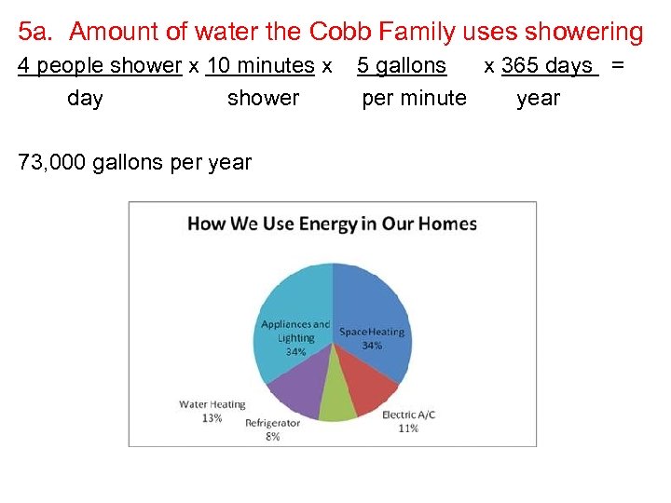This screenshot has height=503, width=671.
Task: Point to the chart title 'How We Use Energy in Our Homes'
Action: [332, 224]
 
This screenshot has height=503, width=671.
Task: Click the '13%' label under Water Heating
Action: [212, 418]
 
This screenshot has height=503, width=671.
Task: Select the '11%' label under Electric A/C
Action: [408, 428]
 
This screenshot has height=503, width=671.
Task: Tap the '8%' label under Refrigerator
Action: [272, 436]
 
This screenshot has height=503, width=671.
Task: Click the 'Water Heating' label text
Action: [212, 404]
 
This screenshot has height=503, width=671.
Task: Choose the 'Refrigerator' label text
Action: [272, 423]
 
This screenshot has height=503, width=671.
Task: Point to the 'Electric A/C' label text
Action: [408, 415]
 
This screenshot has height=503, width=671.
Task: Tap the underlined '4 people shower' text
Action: [100, 66]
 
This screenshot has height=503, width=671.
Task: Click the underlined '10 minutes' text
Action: [260, 66]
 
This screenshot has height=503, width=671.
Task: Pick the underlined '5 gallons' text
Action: [402, 66]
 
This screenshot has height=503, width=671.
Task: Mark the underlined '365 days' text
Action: [547, 66]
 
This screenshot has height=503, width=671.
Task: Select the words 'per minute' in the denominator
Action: [414, 98]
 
